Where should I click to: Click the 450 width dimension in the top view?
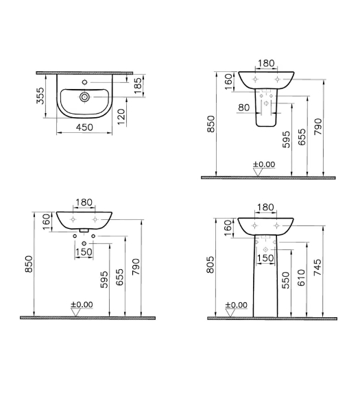(84, 127)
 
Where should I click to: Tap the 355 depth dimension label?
(40, 95)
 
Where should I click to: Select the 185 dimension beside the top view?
(138, 86)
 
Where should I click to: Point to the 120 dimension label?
(121, 116)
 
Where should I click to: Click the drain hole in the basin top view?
(84, 97)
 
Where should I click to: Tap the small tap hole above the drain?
(85, 82)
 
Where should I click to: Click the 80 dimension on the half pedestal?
(244, 108)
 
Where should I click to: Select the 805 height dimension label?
(211, 264)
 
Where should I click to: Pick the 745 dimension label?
(317, 267)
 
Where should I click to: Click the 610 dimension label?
(301, 277)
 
